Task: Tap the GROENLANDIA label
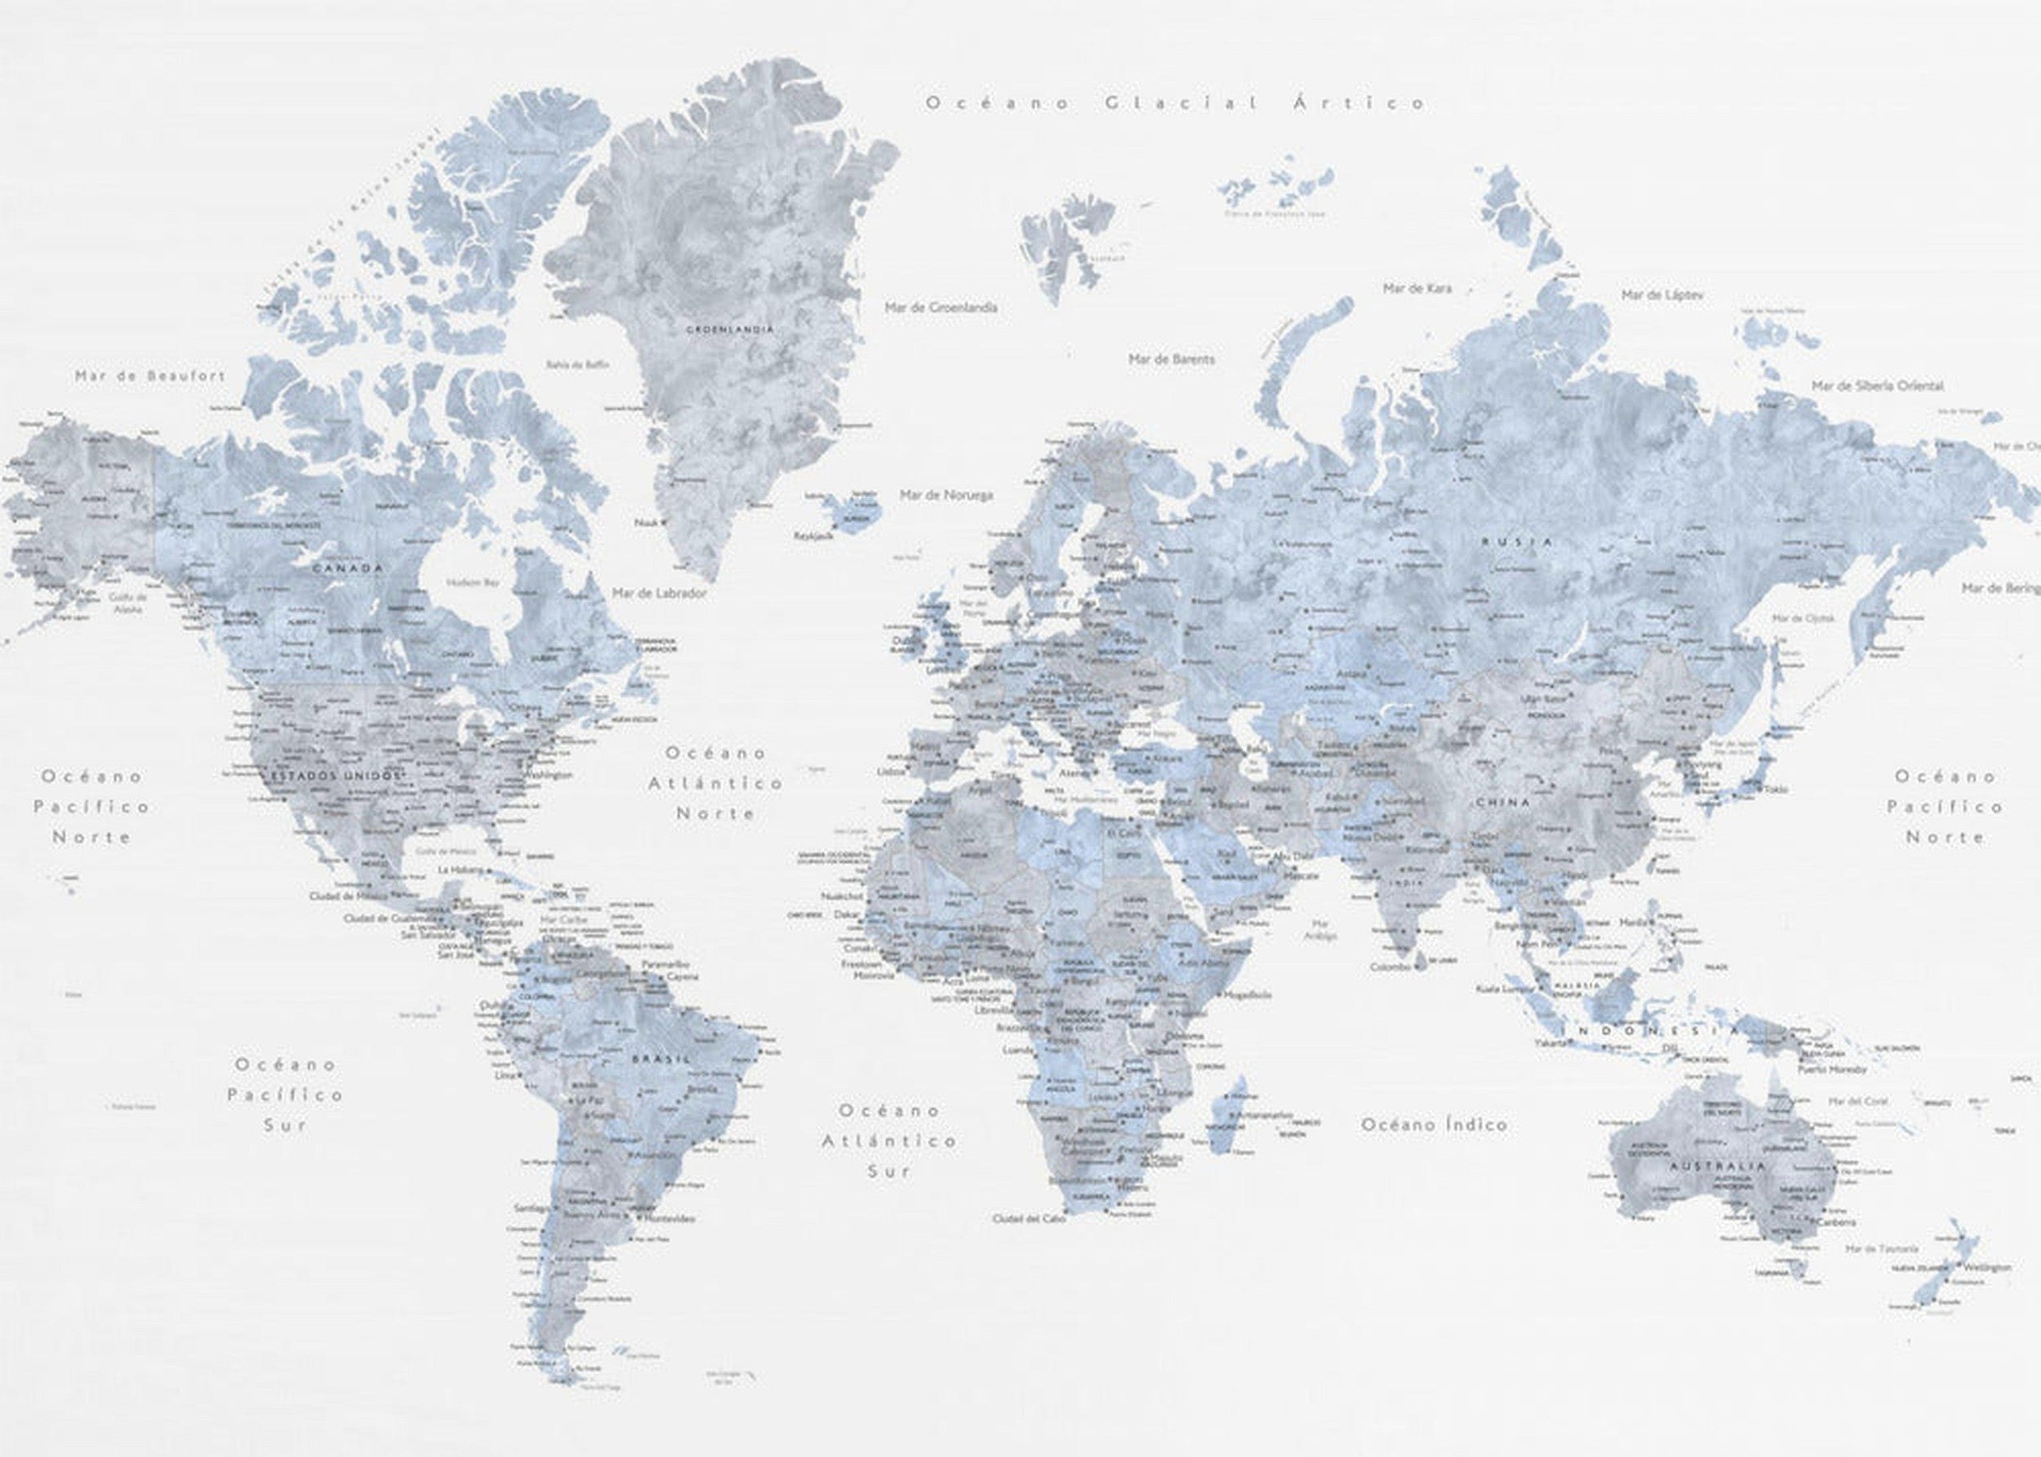[x=730, y=329]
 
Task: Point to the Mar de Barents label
[x=1171, y=359]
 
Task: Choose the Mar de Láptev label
[x=1663, y=294]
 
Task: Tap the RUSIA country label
[x=1516, y=542]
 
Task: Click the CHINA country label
[x=1503, y=802]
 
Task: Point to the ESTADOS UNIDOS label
[x=332, y=774]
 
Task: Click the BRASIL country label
[x=661, y=1059]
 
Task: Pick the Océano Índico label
[x=1433, y=1124]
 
